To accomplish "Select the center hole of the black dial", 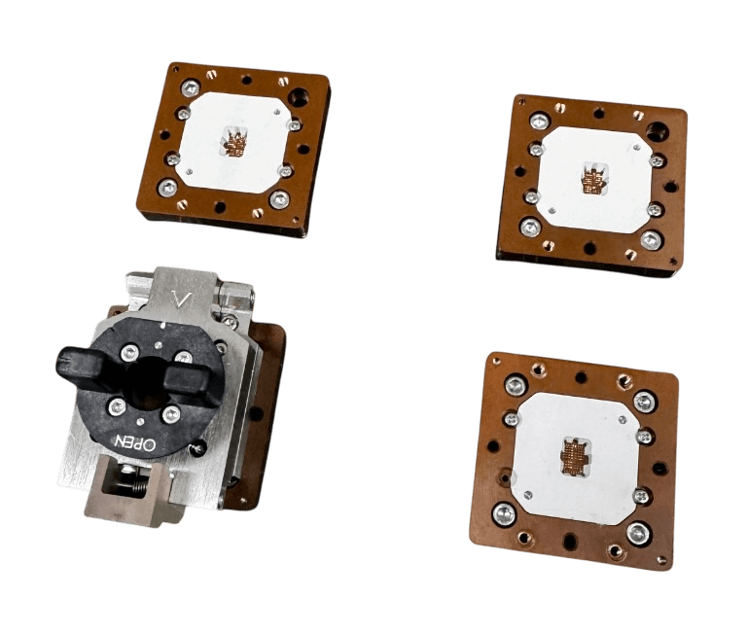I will [x=149, y=381].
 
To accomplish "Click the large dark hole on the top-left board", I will [x=300, y=98].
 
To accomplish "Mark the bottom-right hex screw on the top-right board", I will [x=650, y=240].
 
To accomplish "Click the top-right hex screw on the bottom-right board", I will [x=644, y=401].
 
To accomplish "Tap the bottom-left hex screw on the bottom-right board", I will [x=505, y=512].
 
